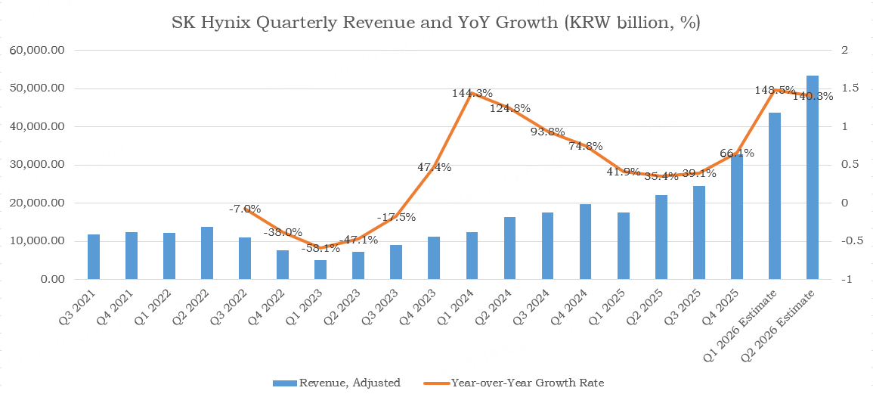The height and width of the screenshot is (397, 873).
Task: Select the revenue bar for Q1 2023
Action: coord(320,270)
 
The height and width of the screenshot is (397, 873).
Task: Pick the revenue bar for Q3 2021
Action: coord(94,257)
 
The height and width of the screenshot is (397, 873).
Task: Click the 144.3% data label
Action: coord(472,94)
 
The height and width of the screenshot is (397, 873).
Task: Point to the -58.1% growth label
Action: coord(320,247)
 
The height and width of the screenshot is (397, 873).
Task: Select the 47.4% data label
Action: coord(434,167)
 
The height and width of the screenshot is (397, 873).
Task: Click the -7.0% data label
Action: coord(245,209)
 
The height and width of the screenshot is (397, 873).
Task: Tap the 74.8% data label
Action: coord(586,147)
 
